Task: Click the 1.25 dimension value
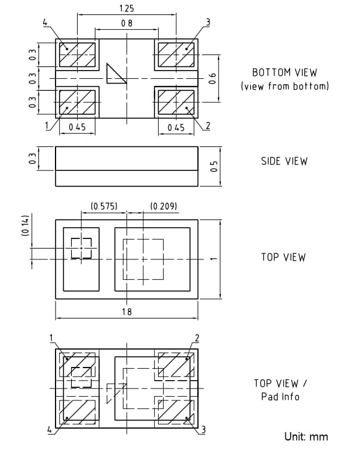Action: (x=127, y=9)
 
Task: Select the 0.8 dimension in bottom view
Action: (x=127, y=23)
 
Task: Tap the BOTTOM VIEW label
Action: (x=284, y=72)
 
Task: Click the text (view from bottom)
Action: (x=285, y=86)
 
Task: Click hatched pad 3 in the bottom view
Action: (x=175, y=54)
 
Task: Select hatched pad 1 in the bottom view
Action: (x=78, y=102)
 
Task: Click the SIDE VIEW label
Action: (x=284, y=161)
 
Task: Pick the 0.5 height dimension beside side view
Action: (x=214, y=166)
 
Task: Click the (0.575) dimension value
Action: (x=104, y=206)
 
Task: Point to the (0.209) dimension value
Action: (x=164, y=206)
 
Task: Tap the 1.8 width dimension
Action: (x=127, y=311)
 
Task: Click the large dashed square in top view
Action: (x=143, y=259)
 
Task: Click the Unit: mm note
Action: (x=306, y=436)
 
